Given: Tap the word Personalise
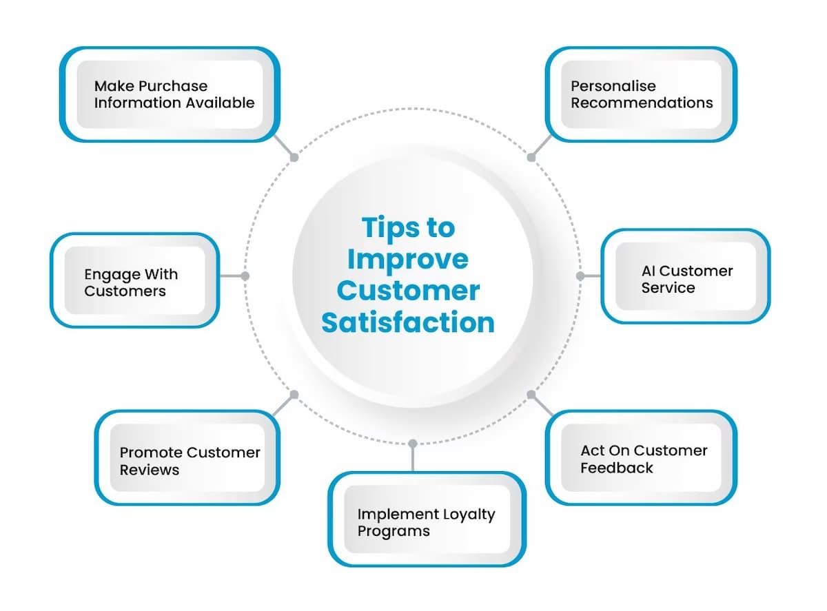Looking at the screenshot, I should pyautogui.click(x=613, y=86).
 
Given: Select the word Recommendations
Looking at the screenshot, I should pyautogui.click(x=641, y=103).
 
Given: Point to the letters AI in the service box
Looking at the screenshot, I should pyautogui.click(x=649, y=271).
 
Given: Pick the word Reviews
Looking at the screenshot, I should pyautogui.click(x=149, y=470).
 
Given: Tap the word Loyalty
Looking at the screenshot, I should pyautogui.click(x=469, y=515).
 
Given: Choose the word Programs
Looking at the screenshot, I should pyautogui.click(x=393, y=531).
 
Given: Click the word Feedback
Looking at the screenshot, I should pyautogui.click(x=616, y=468).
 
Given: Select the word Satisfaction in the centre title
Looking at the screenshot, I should pyautogui.click(x=408, y=322).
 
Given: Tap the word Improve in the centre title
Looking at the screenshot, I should pyautogui.click(x=407, y=259).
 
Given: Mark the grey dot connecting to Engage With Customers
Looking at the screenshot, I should pyautogui.click(x=245, y=276).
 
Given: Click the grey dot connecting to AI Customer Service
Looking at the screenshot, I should pyautogui.click(x=580, y=276).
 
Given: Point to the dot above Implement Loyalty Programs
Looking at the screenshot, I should pyautogui.click(x=412, y=443).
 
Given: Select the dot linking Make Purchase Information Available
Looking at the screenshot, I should pyautogui.click(x=294, y=157).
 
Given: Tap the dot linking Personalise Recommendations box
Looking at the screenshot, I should pyautogui.click(x=531, y=157).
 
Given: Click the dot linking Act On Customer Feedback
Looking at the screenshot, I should pyautogui.click(x=531, y=395).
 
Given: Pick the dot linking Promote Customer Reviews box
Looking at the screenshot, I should pyautogui.click(x=294, y=395).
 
